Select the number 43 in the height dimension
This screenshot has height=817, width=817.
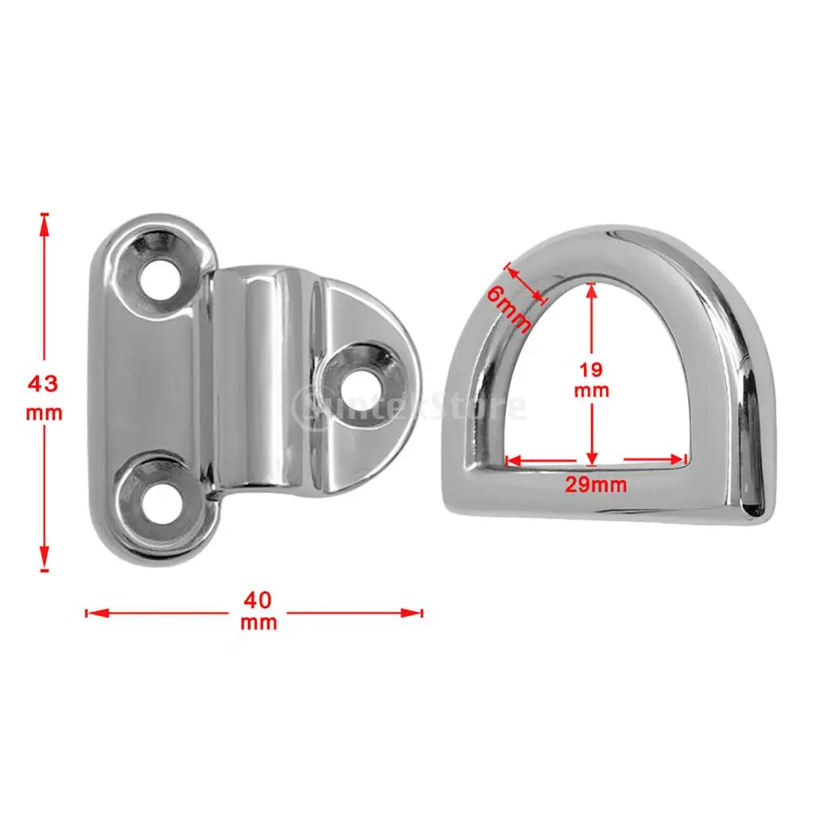click(x=43, y=383)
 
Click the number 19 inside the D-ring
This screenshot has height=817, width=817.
click(x=591, y=369)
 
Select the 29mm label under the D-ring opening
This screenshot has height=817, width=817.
click(x=595, y=484)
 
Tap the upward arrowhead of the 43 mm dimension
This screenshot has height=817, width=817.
click(x=45, y=223)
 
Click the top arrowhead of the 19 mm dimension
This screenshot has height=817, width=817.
click(x=591, y=289)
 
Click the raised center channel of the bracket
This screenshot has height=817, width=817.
click(x=263, y=383)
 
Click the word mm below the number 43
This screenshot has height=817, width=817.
click(x=43, y=414)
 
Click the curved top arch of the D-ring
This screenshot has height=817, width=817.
click(x=614, y=243)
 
